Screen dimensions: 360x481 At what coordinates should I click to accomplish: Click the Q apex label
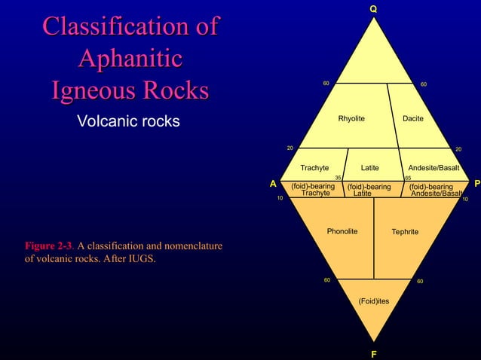coord(372,8)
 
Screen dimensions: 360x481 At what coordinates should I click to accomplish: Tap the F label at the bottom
coord(373,352)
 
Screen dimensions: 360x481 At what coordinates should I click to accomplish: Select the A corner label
coord(274,183)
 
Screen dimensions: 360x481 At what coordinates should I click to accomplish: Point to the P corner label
coord(476,183)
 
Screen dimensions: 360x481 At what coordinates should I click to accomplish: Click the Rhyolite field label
coord(351,119)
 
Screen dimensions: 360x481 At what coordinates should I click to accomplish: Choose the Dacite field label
coord(413,119)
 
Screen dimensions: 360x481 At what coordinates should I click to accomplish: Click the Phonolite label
coord(342,231)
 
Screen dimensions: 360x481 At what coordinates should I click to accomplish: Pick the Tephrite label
coord(405,232)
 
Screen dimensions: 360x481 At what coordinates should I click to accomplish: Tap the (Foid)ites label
coord(374,301)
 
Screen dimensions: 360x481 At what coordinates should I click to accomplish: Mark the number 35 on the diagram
coord(339,178)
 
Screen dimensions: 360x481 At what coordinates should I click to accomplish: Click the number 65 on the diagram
coord(408,178)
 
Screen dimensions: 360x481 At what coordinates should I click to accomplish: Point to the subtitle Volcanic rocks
coord(129,121)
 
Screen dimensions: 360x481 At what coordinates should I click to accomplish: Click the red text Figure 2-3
coord(49,246)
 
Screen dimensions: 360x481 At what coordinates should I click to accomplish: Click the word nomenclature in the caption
coord(186,246)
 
